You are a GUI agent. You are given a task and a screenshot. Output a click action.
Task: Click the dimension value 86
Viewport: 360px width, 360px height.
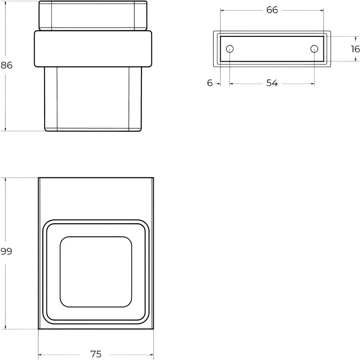coord(6,65)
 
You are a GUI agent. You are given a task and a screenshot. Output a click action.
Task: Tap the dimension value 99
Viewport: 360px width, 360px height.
coord(6,252)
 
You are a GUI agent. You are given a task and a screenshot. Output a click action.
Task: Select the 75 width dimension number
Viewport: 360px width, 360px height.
coord(96,354)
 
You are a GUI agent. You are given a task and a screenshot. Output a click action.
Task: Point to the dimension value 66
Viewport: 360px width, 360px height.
coord(272,10)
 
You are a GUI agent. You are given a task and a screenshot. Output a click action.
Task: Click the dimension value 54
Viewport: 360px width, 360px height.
coord(272,83)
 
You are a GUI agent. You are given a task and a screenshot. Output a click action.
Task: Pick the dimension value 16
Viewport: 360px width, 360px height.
coord(355,49)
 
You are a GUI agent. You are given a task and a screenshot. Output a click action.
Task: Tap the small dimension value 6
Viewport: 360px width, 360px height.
coord(210,83)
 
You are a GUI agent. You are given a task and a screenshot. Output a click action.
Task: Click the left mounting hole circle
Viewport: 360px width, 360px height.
coord(230,49)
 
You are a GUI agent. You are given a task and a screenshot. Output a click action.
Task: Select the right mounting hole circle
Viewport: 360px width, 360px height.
coord(314,49)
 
